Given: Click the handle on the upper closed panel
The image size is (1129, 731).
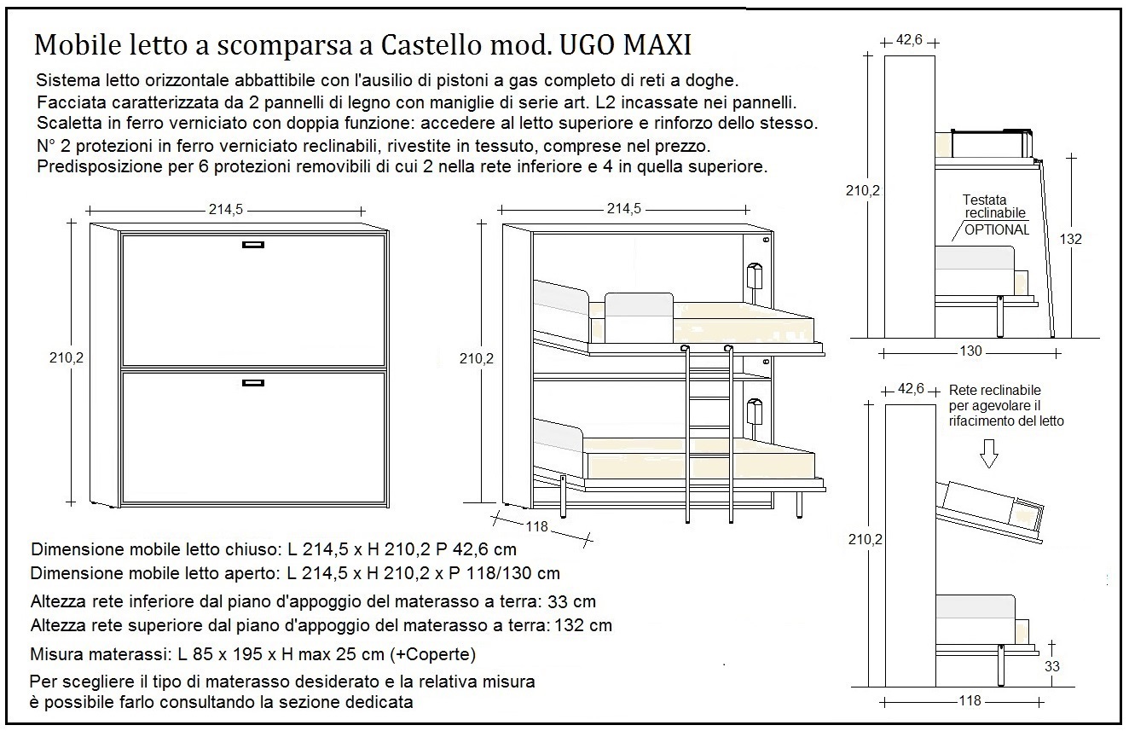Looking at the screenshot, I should pos(254,245).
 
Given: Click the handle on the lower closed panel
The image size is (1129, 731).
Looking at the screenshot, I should pos(254,384).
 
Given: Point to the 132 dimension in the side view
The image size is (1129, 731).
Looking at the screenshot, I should pos(1070,240).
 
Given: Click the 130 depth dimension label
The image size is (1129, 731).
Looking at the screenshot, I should pos(970,351).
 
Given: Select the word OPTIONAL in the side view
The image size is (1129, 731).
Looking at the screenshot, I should pos(997,229).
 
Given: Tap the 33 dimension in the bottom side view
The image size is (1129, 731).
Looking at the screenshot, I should pos(1052,666).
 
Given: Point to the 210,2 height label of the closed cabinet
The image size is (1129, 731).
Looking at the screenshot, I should pos(66,358).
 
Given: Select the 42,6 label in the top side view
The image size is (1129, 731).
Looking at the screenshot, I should pos(912,40).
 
